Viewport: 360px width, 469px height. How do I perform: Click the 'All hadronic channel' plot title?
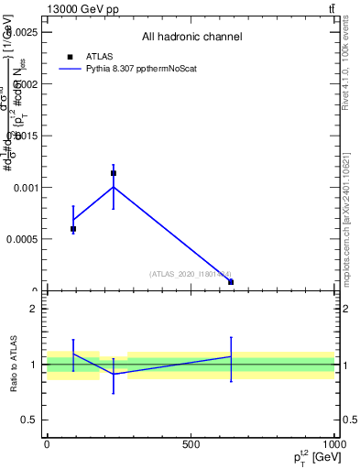[x=191, y=38]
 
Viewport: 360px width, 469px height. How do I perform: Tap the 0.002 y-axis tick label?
[x=27, y=83]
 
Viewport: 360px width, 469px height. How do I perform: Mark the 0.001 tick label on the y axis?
[x=27, y=188]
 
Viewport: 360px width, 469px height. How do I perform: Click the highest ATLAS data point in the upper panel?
[x=114, y=173]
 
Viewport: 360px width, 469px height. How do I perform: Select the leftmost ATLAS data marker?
[x=73, y=229]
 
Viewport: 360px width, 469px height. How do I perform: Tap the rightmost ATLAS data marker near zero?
[x=231, y=282]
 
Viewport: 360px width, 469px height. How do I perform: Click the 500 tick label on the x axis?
[x=191, y=444]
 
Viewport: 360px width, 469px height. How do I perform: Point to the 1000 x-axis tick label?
[x=333, y=444]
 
